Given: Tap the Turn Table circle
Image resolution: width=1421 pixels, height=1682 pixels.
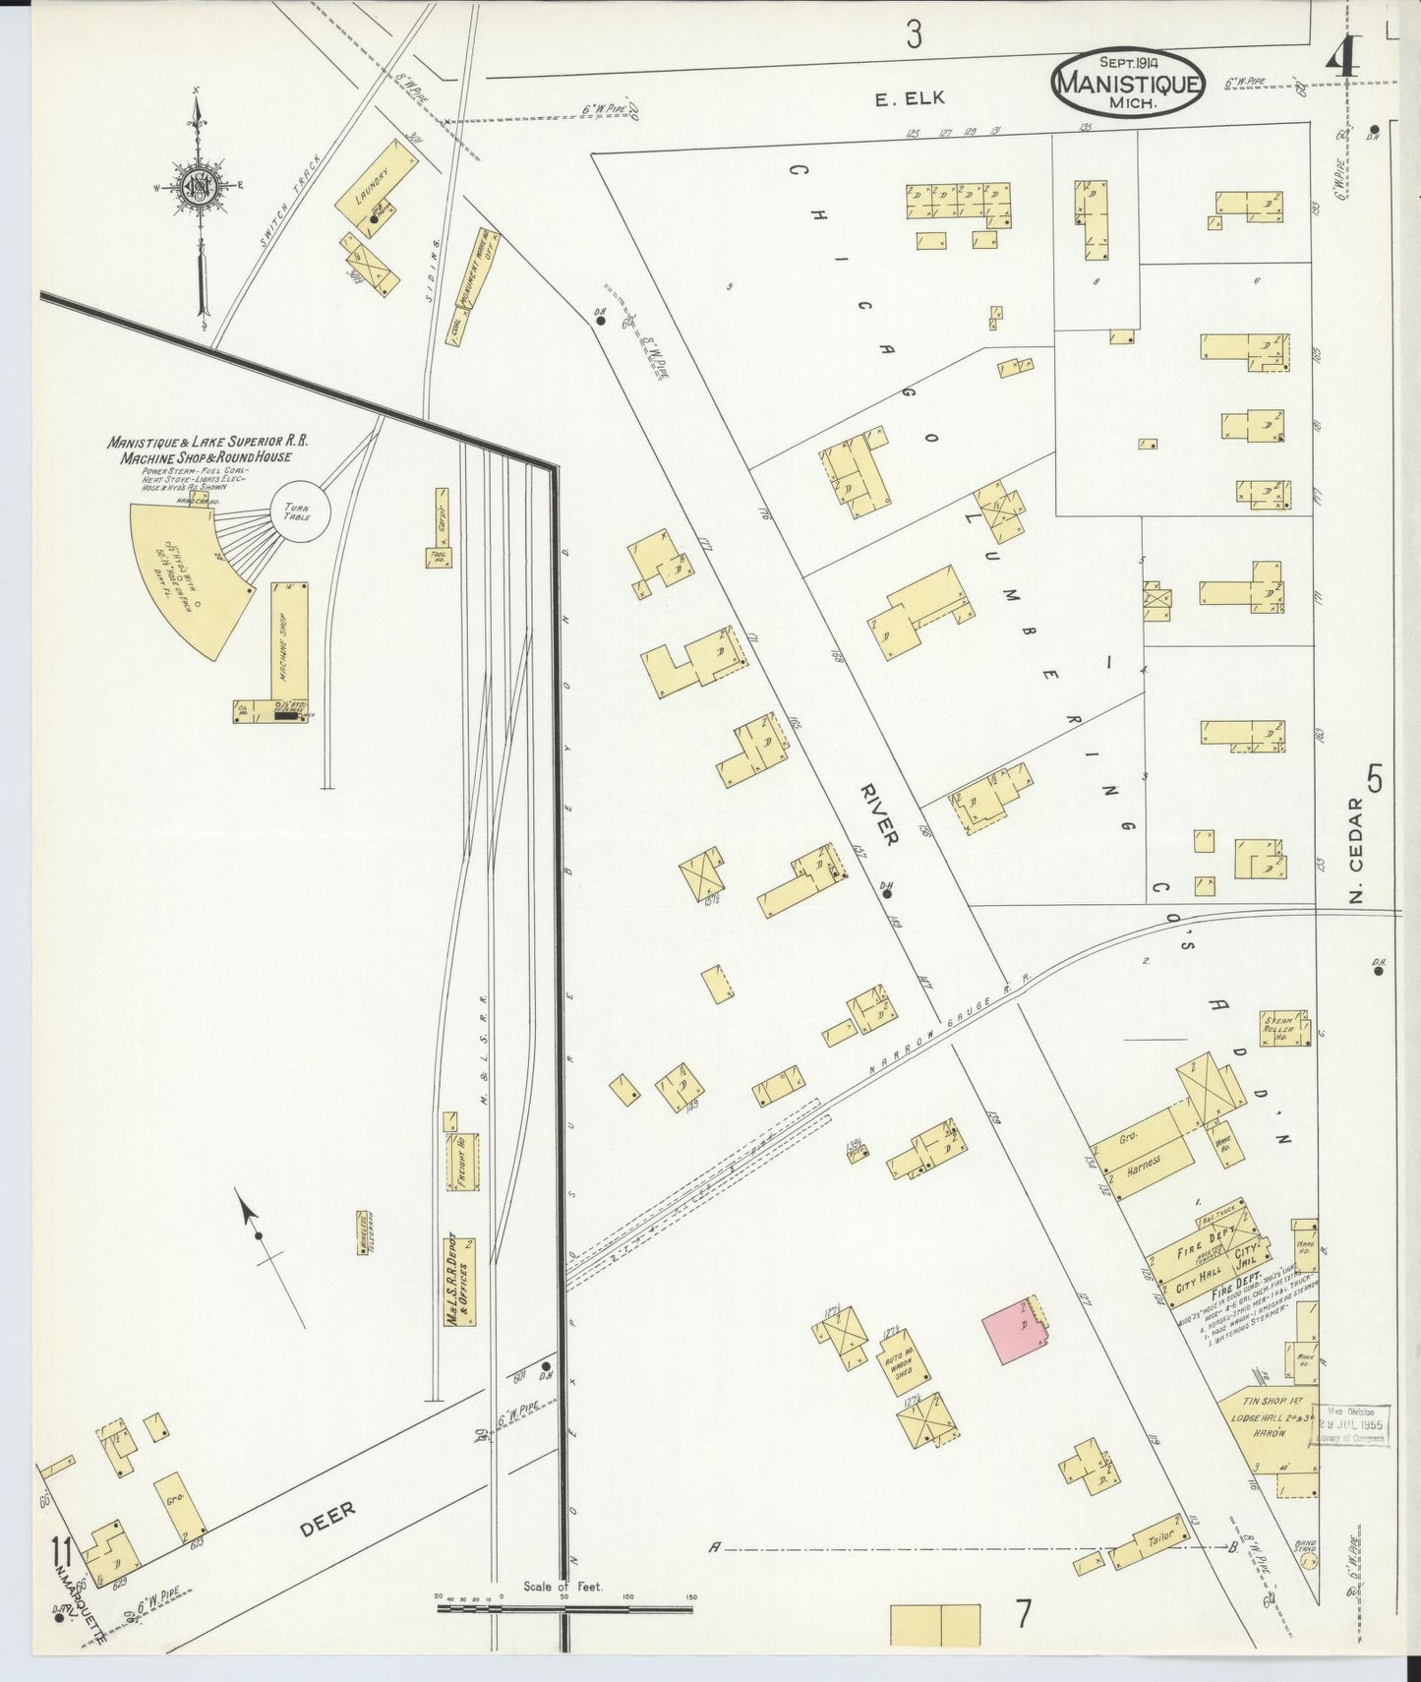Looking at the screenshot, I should [x=299, y=511].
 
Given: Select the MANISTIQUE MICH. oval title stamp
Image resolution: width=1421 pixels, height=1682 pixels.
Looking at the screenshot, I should [x=1127, y=84].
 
